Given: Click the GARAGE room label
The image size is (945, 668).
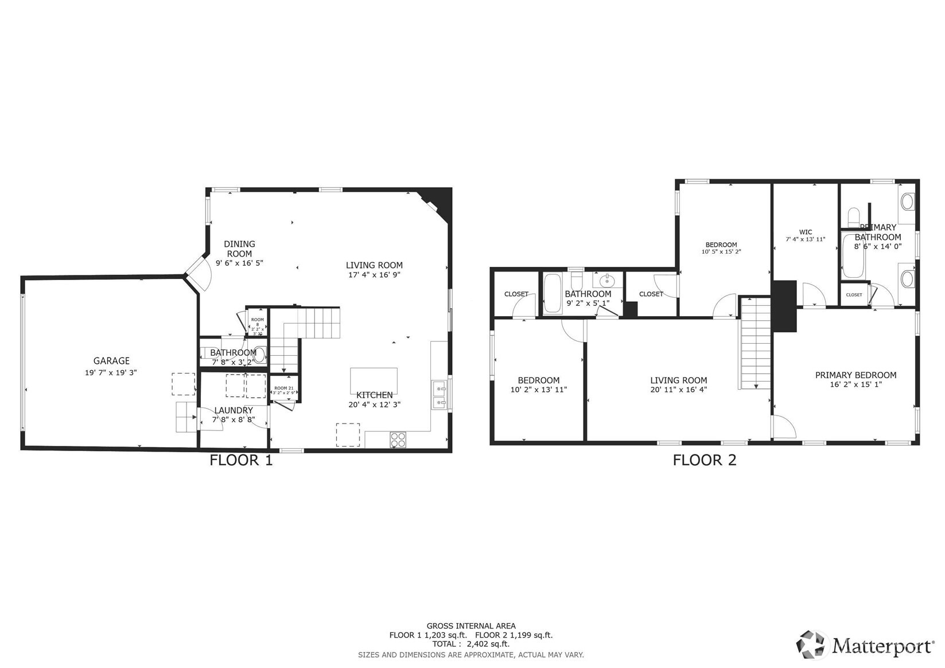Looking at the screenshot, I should click(x=111, y=361).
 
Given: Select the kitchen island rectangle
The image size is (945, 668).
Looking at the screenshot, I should click(x=374, y=380).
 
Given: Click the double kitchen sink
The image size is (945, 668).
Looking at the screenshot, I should click(x=440, y=396).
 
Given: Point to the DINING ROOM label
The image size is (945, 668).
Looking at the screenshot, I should click(x=239, y=248).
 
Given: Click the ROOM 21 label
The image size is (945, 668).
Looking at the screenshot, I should click(x=283, y=389).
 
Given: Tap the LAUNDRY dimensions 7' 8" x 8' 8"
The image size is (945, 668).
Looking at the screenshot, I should click(x=234, y=420).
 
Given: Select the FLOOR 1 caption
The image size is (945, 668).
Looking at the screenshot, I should click(x=241, y=460).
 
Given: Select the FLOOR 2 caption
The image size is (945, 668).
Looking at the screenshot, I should click(x=704, y=460).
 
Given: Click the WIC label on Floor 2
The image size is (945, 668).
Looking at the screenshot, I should click(x=806, y=232).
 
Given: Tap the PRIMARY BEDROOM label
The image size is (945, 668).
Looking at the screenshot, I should click(x=855, y=375).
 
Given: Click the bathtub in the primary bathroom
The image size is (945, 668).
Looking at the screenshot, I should click(x=849, y=256).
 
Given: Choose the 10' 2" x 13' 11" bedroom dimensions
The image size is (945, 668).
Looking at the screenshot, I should click(x=538, y=390).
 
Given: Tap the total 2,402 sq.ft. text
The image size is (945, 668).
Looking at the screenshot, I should click(x=470, y=644).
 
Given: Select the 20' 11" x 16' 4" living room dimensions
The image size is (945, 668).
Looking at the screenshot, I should click(x=678, y=390).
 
